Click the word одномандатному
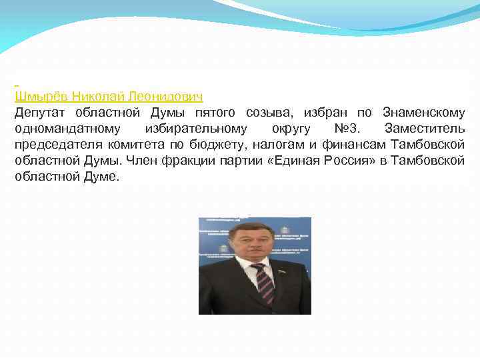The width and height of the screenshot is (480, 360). coord(67,128)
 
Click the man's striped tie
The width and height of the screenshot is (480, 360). coord(264,283)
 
